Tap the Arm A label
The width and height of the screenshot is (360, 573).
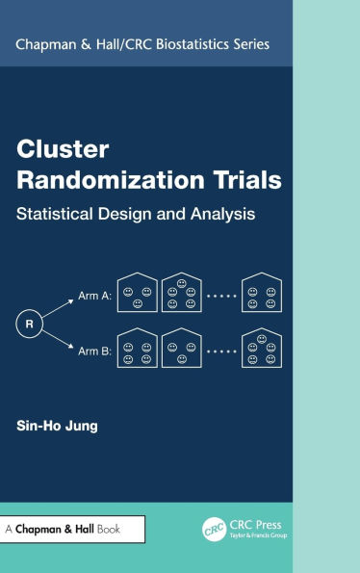(x=93, y=299)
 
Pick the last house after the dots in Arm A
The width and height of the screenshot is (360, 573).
(x=262, y=294)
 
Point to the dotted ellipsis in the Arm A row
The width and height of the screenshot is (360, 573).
(x=221, y=299)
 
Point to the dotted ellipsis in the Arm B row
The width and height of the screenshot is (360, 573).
(x=221, y=352)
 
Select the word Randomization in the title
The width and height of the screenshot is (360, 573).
(x=94, y=179)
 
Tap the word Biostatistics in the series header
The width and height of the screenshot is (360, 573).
(x=192, y=44)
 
